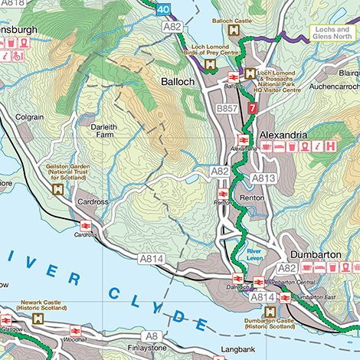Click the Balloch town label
(x=178, y=80)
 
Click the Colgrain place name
(x=28, y=118)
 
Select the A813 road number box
(x=263, y=178)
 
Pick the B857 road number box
(x=227, y=110)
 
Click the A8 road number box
(x=152, y=335)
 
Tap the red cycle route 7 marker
(x=252, y=109)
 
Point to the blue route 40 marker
(x=162, y=10)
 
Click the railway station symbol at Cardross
(x=85, y=225)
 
